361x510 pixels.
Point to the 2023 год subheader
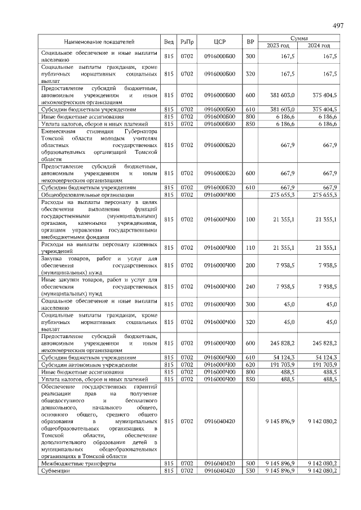coord(278,45)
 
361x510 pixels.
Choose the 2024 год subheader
coord(319,45)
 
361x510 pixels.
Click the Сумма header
coord(298,38)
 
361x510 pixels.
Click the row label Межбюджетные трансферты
coord(78,463)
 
